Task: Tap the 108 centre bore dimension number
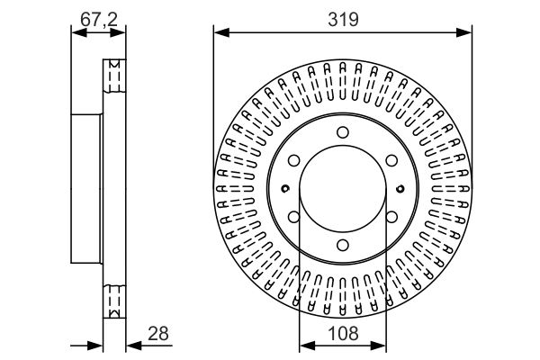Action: coord(342,334)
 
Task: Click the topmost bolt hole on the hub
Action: coord(342,133)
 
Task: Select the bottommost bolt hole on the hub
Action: coord(342,245)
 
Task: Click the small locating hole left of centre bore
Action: coord(285,189)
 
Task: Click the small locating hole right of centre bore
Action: coord(400,189)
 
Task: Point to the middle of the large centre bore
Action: coord(342,189)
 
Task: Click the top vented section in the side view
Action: coord(113,76)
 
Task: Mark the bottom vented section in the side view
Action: coord(113,300)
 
